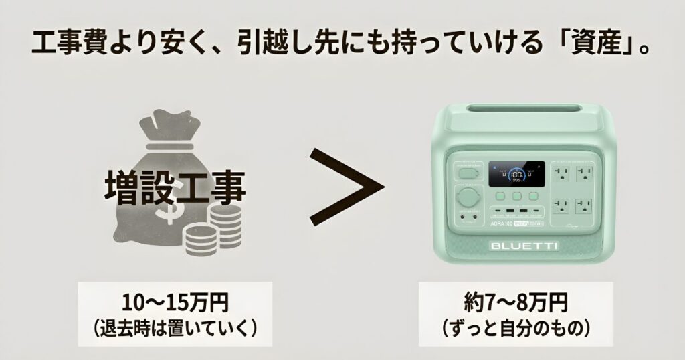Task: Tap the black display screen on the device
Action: pyautogui.click(x=516, y=174)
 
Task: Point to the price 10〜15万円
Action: pyautogui.click(x=175, y=303)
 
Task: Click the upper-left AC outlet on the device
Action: pyautogui.click(x=562, y=175)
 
